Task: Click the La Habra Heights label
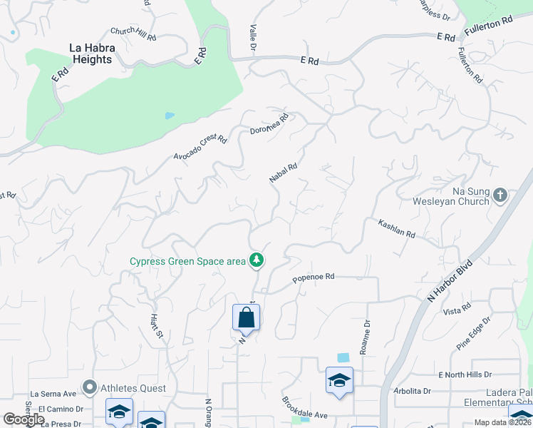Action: [x=90, y=54]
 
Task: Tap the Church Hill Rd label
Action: [x=133, y=33]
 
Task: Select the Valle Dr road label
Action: [x=253, y=36]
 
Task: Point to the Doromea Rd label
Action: [x=269, y=123]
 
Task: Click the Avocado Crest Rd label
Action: [x=200, y=147]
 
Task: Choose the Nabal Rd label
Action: [x=283, y=173]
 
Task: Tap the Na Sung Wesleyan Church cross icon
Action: [x=500, y=194]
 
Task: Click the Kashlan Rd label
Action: [x=396, y=228]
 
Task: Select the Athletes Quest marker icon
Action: [x=90, y=388]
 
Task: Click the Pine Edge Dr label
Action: [x=473, y=333]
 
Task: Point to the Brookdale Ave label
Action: [x=304, y=408]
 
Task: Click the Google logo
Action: [x=24, y=419]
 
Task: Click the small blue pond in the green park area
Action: [x=170, y=115]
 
